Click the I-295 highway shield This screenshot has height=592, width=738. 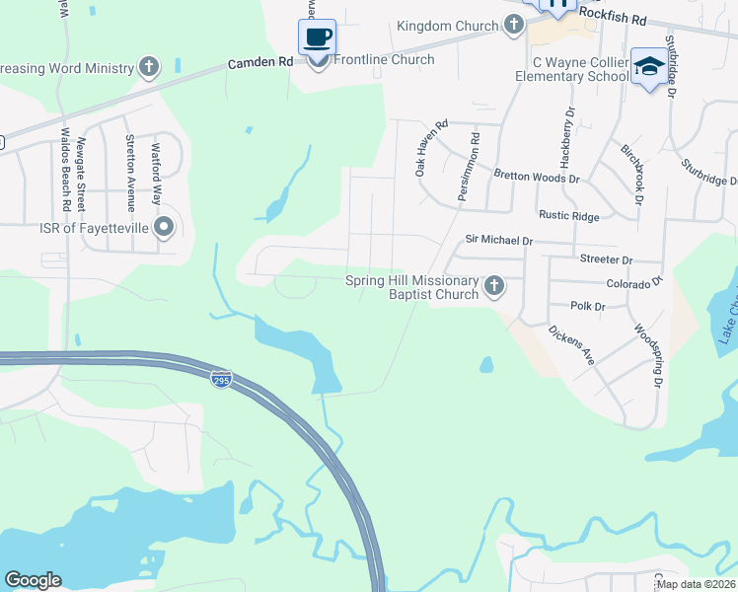click(x=221, y=379)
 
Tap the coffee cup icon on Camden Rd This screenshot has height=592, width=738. click(x=317, y=37)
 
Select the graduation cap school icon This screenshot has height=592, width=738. click(x=648, y=66)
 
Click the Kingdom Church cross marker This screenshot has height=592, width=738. click(x=513, y=26)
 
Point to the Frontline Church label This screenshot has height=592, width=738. click(x=385, y=60)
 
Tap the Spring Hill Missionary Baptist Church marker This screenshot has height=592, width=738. click(x=494, y=286)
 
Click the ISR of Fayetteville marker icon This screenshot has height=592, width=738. click(x=165, y=229)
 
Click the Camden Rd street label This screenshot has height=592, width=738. click(x=260, y=61)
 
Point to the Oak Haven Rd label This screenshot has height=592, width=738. click(x=432, y=148)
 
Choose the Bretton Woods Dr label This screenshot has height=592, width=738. click(x=537, y=179)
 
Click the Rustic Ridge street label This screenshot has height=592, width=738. click(x=568, y=215)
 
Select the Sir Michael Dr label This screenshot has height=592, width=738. click(x=498, y=240)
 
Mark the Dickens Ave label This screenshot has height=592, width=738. click(x=571, y=346)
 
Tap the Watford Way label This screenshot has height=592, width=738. click(x=156, y=175)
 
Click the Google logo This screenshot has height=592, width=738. click(x=33, y=580)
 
